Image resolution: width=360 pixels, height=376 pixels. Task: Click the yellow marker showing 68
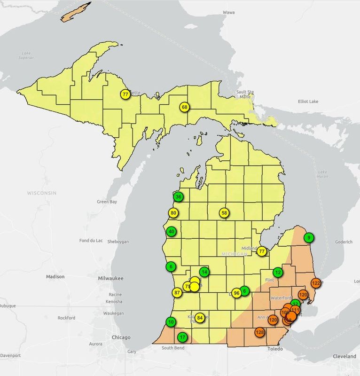pos(184,107)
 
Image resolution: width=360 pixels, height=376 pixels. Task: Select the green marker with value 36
pos(178,197)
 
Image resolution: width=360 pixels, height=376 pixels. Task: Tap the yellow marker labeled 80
pos(173,213)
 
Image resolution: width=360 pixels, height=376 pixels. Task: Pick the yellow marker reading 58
pos(224,213)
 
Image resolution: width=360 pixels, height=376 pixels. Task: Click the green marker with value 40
pos(172,232)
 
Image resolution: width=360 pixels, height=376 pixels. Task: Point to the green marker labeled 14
pos(204,272)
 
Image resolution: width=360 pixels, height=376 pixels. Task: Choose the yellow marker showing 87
pos(177,292)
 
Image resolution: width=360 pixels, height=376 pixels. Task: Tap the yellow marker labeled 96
pos(236,293)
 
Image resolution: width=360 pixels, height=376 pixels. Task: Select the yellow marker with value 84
pos(200,318)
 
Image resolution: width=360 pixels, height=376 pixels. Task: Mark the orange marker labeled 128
pos(259,332)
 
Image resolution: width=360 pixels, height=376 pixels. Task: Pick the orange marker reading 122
pos(316,283)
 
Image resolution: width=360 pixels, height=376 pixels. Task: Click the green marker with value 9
pos(309,238)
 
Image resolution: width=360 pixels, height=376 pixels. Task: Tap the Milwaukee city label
pos(110,278)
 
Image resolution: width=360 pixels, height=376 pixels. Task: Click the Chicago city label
pos(121,337)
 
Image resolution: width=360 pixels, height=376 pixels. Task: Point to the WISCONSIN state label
pos(42,193)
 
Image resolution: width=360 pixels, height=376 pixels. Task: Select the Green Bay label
pos(106,202)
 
